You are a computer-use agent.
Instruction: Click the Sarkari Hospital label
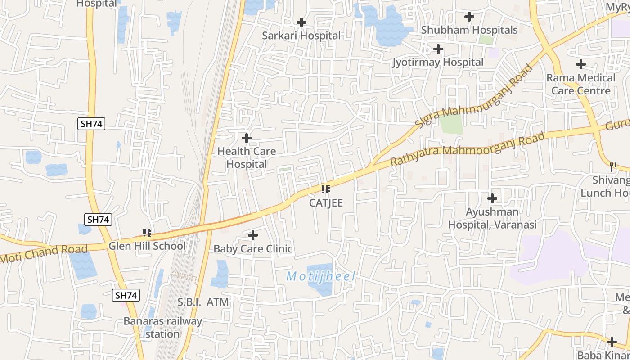[301, 36]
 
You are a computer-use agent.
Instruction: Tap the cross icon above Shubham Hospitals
[469, 17]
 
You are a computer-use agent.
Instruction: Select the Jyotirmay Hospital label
[437, 62]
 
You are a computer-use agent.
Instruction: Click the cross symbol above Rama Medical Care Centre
[581, 64]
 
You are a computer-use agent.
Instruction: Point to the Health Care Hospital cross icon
[247, 138]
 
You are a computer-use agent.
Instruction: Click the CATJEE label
[326, 203]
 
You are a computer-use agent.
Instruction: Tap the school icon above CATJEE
[326, 189]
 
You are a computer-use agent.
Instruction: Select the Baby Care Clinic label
[253, 249]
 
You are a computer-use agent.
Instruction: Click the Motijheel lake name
[321, 276]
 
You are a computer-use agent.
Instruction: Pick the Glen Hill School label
[147, 246]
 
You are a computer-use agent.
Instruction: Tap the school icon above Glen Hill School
[147, 233]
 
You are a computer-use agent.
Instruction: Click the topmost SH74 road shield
[91, 124]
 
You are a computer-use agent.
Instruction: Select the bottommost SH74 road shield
[126, 295]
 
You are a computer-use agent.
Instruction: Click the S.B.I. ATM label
[203, 302]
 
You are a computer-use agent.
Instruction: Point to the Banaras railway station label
[163, 328]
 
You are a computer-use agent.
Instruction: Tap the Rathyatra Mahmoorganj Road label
[468, 148]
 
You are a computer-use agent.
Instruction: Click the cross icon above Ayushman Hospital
[492, 198]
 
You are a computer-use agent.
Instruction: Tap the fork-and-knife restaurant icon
[613, 166]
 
